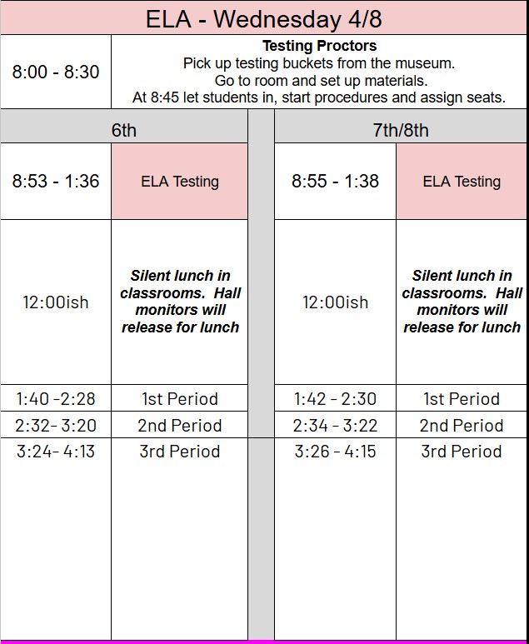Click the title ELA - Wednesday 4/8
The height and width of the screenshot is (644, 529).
(264, 18)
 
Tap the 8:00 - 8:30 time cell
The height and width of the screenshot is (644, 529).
(55, 72)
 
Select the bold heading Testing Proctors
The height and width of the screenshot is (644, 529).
(319, 46)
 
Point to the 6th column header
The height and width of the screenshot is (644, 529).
(123, 130)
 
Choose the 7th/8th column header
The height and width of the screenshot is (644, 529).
(401, 130)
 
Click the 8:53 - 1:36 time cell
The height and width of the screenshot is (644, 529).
(55, 181)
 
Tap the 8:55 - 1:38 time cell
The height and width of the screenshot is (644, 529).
(335, 181)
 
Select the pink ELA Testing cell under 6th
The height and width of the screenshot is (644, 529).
(179, 181)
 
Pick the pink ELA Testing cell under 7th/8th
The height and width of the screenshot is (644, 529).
(462, 181)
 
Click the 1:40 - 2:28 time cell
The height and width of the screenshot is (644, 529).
(55, 398)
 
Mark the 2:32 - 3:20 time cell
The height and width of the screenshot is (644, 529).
(55, 425)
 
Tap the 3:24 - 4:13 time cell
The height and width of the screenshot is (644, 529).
(55, 452)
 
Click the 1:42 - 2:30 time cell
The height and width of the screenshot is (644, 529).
(335, 398)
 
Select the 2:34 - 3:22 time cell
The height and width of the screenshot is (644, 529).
(335, 425)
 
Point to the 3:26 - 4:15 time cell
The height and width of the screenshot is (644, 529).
(335, 452)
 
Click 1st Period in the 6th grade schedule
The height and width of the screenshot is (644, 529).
(179, 398)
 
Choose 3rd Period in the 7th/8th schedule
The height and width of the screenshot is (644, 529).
(462, 452)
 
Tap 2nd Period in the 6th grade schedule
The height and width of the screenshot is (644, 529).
(179, 425)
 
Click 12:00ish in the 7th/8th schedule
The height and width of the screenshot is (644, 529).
(335, 302)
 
